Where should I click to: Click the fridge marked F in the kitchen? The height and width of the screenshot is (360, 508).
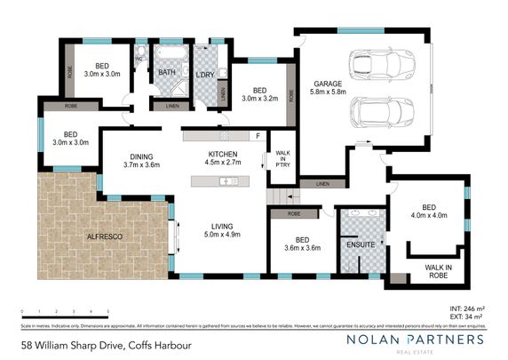click(257, 136)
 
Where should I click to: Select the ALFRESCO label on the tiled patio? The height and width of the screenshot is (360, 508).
click(104, 236)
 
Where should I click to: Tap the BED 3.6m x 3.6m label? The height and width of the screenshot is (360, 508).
click(301, 243)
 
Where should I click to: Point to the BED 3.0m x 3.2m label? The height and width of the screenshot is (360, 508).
click(259, 93)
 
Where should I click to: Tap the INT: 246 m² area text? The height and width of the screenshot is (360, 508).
click(471, 307)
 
